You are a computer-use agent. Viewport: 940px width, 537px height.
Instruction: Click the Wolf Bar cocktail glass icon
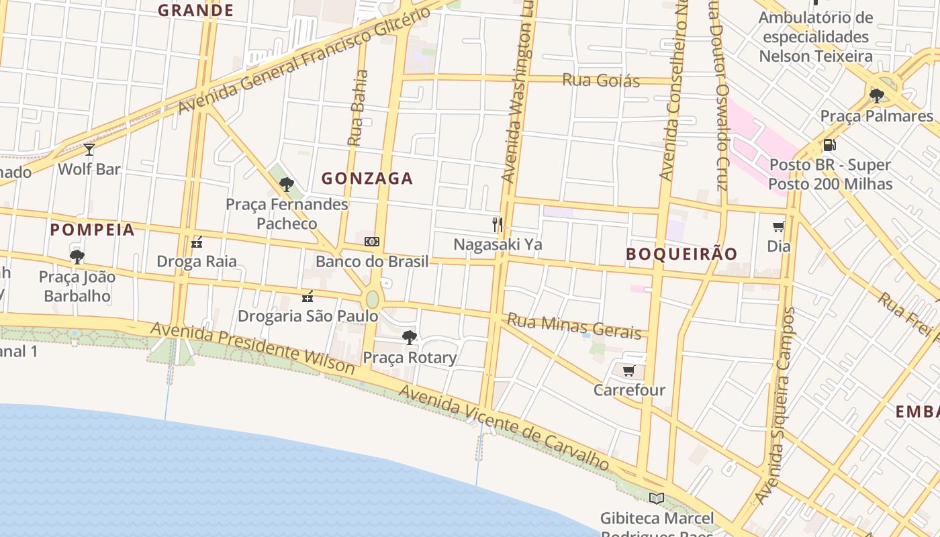pyautogui.click(x=89, y=149)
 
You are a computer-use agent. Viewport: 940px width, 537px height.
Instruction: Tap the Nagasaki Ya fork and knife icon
pyautogui.click(x=498, y=224)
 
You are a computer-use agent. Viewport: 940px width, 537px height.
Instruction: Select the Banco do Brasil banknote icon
pyautogui.click(x=372, y=242)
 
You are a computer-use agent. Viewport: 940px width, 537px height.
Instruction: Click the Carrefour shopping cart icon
pyautogui.click(x=629, y=371)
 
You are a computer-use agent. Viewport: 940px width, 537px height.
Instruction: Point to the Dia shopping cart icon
pyautogui.click(x=779, y=227)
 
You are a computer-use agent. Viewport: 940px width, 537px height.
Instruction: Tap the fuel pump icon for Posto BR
pyautogui.click(x=830, y=144)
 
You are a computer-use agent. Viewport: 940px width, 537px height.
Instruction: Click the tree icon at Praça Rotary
pyautogui.click(x=410, y=338)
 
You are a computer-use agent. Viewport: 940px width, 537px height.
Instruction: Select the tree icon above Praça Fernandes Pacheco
pyautogui.click(x=287, y=184)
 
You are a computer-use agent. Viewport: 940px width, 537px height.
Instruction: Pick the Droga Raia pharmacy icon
pyautogui.click(x=197, y=242)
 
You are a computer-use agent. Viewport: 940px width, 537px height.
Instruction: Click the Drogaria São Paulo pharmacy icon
pyautogui.click(x=308, y=296)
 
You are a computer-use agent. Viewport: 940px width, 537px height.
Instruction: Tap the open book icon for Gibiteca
pyautogui.click(x=657, y=498)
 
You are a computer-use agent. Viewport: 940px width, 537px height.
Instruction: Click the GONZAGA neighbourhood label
pyautogui.click(x=367, y=179)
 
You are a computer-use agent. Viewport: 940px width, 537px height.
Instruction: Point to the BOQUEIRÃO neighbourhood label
pyautogui.click(x=681, y=254)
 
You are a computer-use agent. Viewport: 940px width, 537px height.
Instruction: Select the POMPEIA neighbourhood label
pyautogui.click(x=93, y=230)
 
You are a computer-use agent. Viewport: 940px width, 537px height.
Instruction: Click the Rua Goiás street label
pyautogui.click(x=601, y=81)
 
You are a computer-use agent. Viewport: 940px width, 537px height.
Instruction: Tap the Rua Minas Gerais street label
pyautogui.click(x=574, y=326)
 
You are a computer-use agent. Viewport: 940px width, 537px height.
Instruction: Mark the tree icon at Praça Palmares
pyautogui.click(x=877, y=96)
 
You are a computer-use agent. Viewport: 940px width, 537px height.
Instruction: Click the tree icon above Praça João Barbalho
pyautogui.click(x=77, y=256)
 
